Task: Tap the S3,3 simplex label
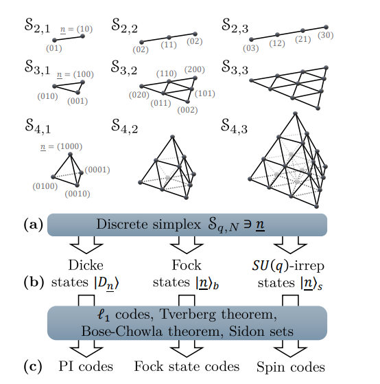click(x=237, y=67)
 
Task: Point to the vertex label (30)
click(x=326, y=35)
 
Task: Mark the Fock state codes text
click(x=186, y=365)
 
